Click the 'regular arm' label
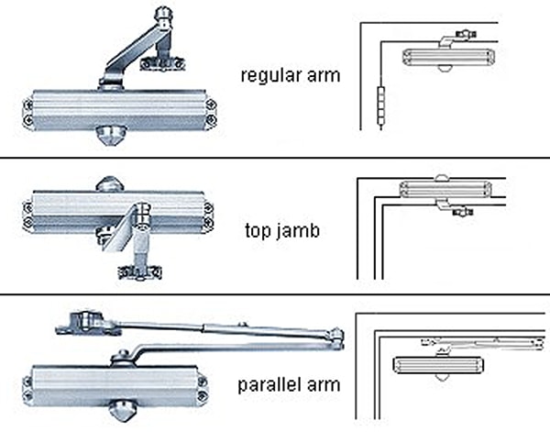coord(290,75)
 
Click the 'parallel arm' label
coord(288,384)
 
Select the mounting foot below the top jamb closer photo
coord(138,271)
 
